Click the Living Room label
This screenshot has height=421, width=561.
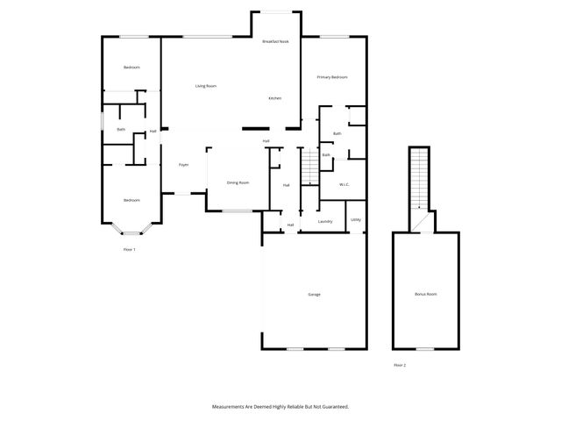(206, 86)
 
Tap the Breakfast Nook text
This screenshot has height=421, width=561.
(276, 41)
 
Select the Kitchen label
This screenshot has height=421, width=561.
(274, 98)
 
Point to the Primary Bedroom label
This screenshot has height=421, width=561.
(332, 77)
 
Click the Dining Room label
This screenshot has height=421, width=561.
(238, 182)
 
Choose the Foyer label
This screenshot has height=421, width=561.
(184, 165)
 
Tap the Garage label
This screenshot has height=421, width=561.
(314, 294)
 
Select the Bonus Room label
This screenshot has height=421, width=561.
(425, 294)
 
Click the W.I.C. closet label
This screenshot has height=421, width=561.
(344, 184)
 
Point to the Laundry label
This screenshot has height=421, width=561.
(324, 222)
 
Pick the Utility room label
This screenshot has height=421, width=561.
(355, 219)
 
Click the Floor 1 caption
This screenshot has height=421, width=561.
(130, 250)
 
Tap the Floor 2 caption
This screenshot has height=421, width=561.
(400, 365)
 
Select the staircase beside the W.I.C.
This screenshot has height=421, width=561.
(309, 167)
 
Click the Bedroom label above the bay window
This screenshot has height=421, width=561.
(131, 200)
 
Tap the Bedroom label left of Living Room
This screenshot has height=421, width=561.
(131, 68)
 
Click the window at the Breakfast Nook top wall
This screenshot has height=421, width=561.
(278, 11)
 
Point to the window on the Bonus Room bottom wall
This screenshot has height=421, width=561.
(425, 349)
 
